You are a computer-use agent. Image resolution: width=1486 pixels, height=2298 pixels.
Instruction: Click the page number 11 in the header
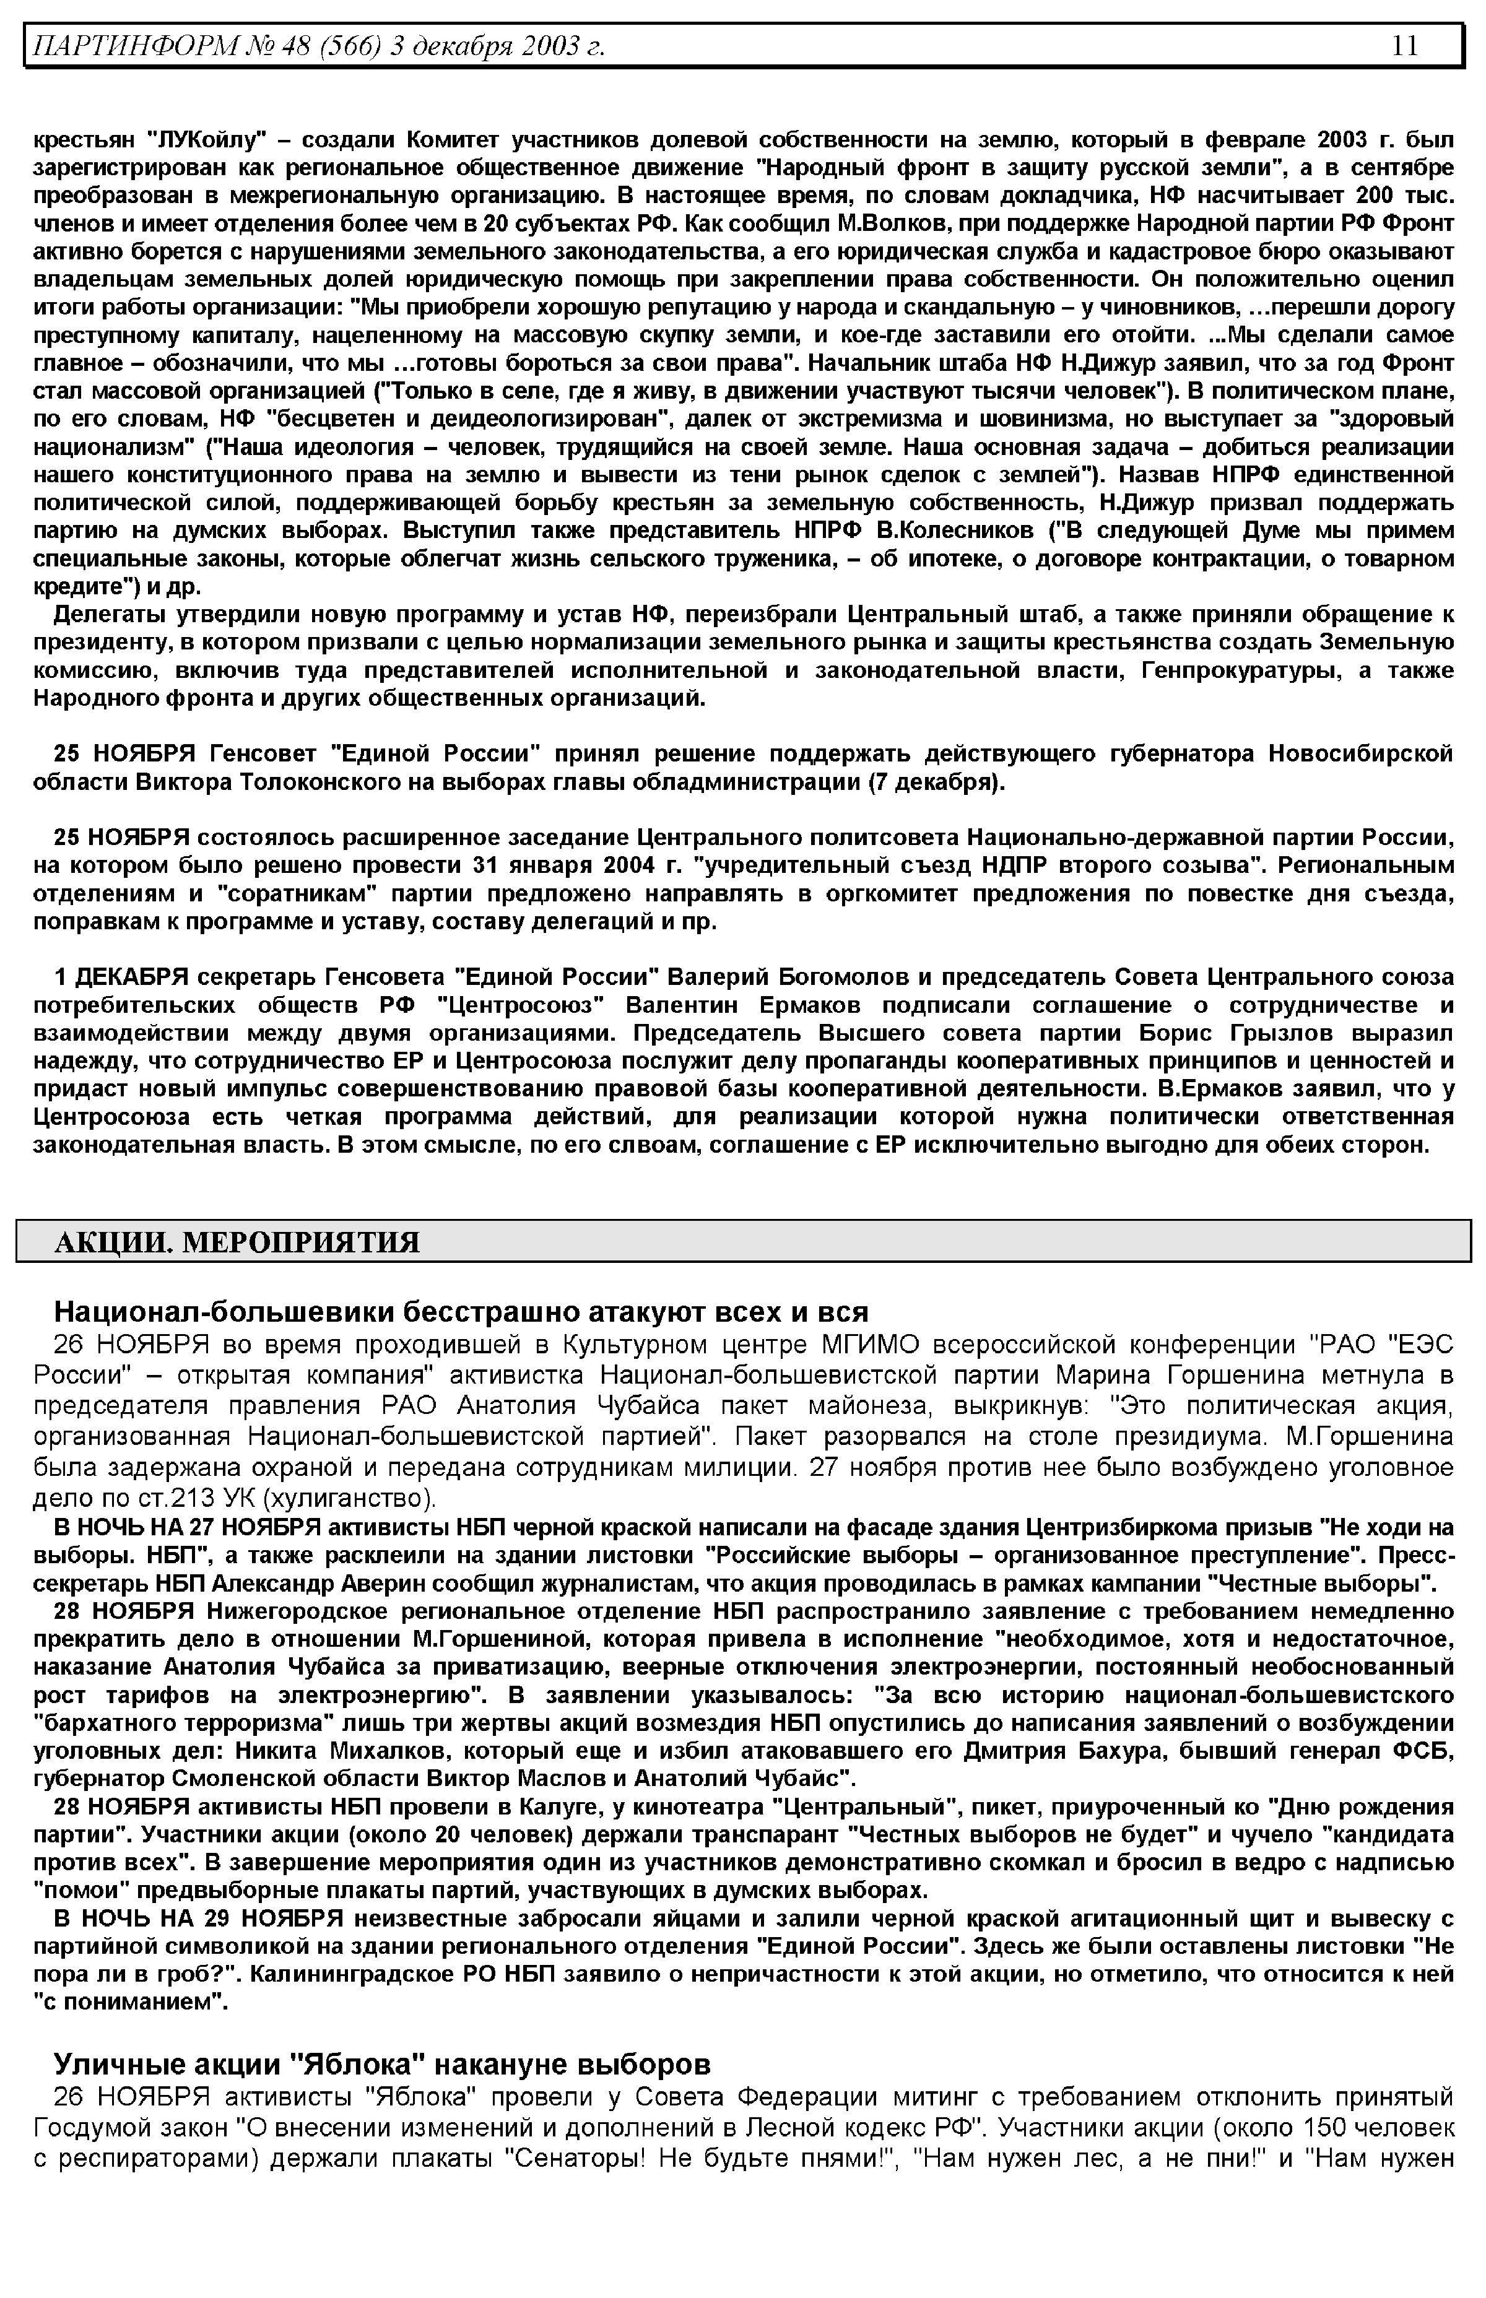tap(1404, 45)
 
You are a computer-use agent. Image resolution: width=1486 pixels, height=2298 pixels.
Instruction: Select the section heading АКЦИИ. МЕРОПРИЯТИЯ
tap(237, 1242)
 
